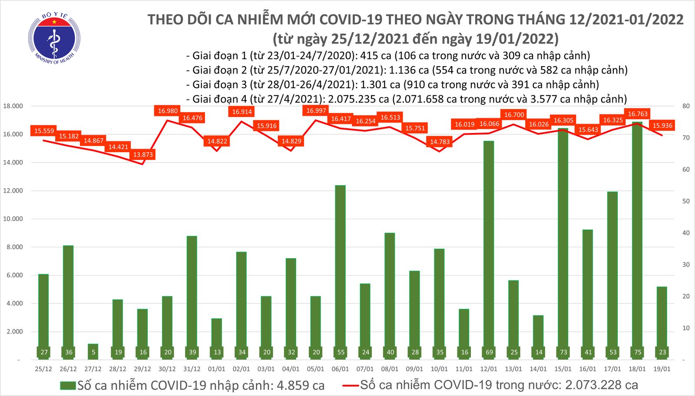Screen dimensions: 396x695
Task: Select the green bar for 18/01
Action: pyautogui.click(x=638, y=239)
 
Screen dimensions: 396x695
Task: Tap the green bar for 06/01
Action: pyautogui.click(x=341, y=270)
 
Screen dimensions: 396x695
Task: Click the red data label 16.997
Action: pyautogui.click(x=316, y=111)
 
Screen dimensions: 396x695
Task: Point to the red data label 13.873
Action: pyautogui.click(x=143, y=155)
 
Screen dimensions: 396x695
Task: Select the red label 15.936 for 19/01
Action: pyautogui.click(x=662, y=126)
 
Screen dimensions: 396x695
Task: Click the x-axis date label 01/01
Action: pyautogui.click(x=217, y=369)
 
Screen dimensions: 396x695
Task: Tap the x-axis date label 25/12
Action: pyautogui.click(x=43, y=369)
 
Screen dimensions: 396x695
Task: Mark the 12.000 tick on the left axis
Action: pyautogui.click(x=13, y=191)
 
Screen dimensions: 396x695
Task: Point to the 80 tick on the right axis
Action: pyautogui.click(x=686, y=106)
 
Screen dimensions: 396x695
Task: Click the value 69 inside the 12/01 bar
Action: pyautogui.click(x=489, y=352)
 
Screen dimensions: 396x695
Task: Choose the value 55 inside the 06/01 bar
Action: pyautogui.click(x=341, y=352)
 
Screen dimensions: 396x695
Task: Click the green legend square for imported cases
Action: pyautogui.click(x=68, y=386)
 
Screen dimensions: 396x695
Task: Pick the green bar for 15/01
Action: pyautogui.click(x=563, y=243)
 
